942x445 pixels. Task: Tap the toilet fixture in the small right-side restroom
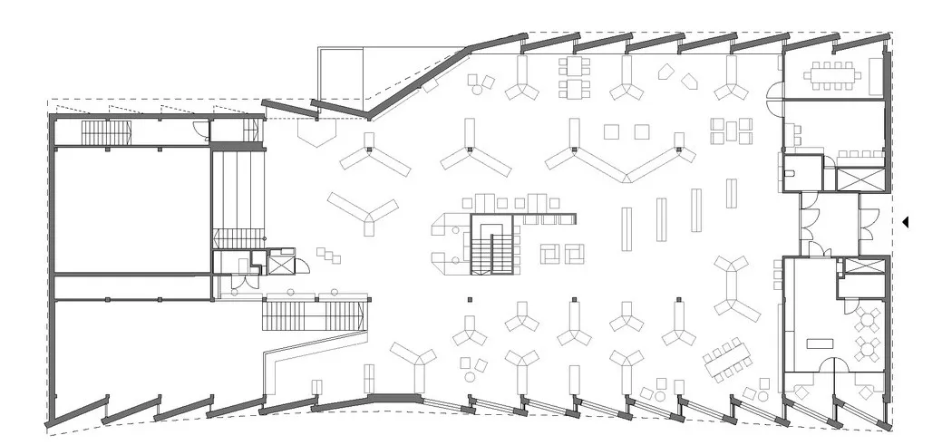789,169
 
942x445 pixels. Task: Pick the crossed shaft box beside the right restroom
857,179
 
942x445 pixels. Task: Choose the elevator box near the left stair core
282,266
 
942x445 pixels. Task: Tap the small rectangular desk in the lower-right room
821,343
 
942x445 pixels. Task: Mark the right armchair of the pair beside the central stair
574,254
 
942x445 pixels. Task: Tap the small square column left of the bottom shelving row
470,300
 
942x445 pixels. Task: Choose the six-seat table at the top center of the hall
576,77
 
